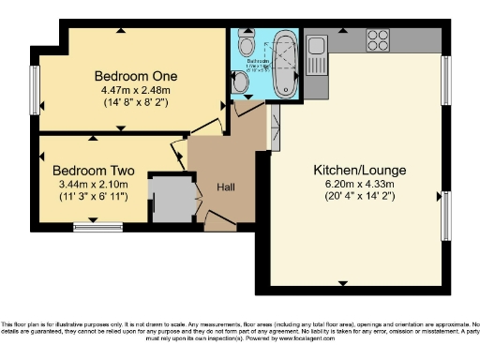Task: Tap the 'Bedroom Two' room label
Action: tap(94, 172)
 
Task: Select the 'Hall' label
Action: tap(226, 187)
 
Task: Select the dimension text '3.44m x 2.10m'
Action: tap(94, 185)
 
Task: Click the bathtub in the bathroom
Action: tap(284, 66)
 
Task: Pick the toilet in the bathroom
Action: tap(247, 47)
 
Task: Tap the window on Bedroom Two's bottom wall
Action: tap(98, 225)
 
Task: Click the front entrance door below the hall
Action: tap(219, 222)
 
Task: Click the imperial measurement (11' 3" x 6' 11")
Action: tap(94, 198)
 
